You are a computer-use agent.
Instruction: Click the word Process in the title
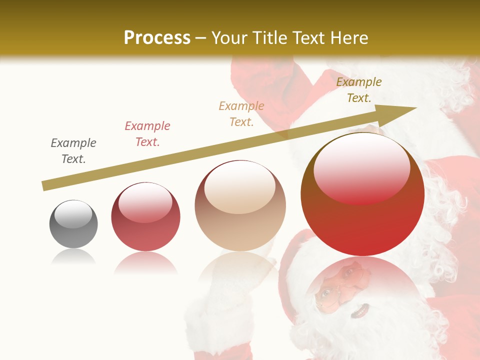click(157, 38)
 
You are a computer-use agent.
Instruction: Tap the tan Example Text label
click(241, 113)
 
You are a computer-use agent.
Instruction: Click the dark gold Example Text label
click(358, 90)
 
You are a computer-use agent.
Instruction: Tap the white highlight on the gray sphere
click(73, 213)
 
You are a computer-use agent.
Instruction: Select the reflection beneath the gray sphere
click(73, 257)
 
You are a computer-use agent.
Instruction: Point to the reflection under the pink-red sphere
click(145, 262)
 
